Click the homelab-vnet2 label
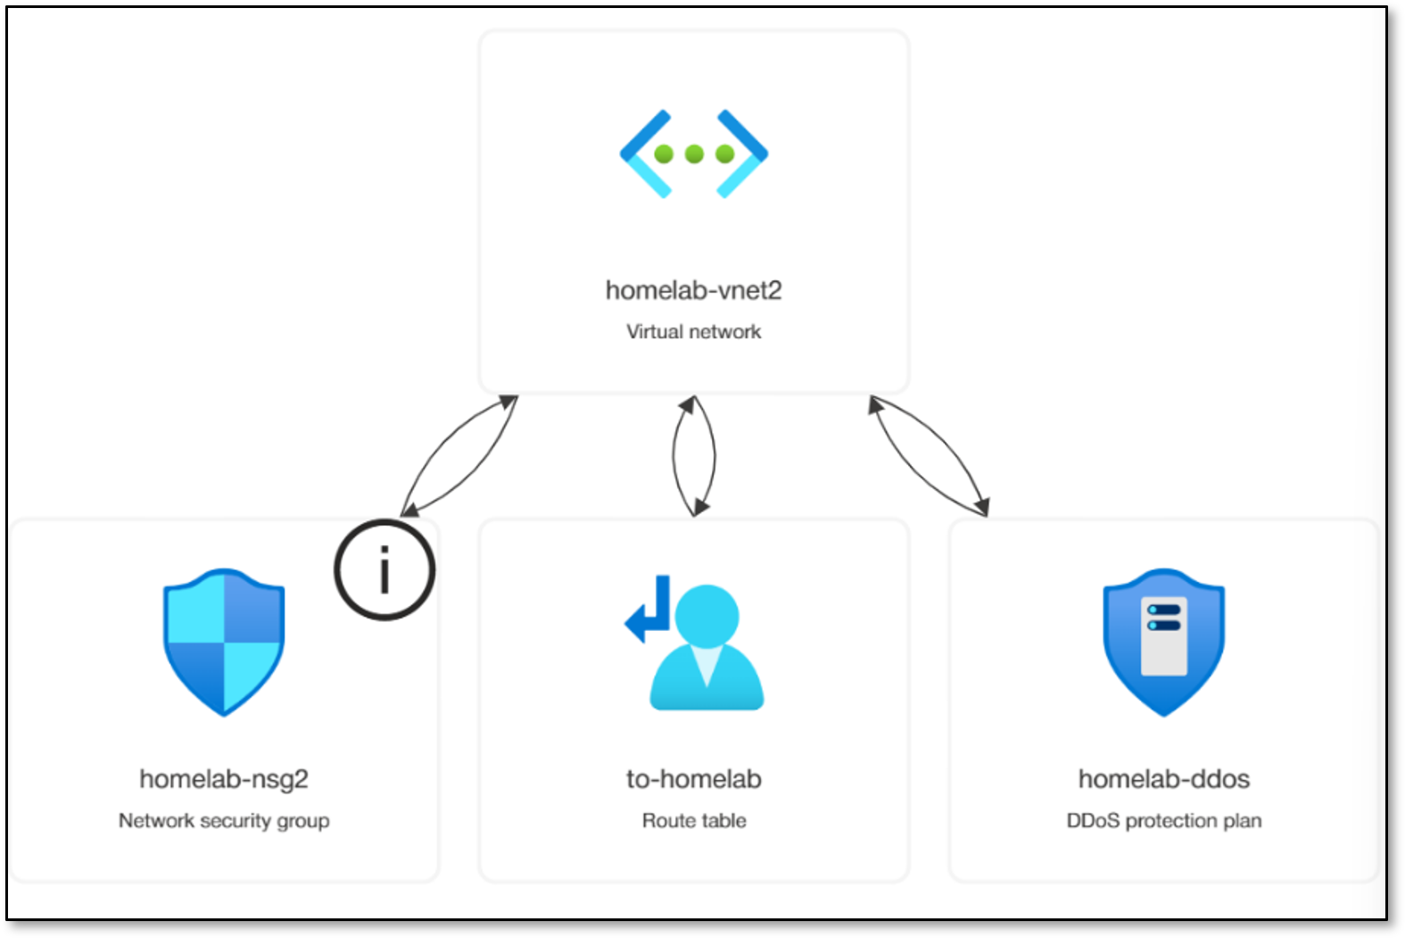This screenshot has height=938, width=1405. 693,291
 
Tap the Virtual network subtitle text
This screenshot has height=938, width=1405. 693,332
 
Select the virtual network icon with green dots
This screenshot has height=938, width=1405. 693,154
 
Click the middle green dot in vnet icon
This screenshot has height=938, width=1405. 694,154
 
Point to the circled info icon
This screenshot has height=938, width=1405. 384,569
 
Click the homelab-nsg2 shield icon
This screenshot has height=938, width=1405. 224,641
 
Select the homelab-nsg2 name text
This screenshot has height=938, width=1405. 224,779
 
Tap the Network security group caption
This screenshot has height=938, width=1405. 224,820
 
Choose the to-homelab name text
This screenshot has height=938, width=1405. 693,779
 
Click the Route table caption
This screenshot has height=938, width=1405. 693,820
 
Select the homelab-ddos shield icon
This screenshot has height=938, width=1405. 1163,641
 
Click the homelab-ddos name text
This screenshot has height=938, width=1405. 1163,779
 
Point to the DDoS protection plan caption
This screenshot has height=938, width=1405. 1163,820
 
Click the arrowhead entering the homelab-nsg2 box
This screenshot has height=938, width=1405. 409,511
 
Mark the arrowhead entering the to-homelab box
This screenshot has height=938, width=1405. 700,508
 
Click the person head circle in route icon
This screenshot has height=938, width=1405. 707,615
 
